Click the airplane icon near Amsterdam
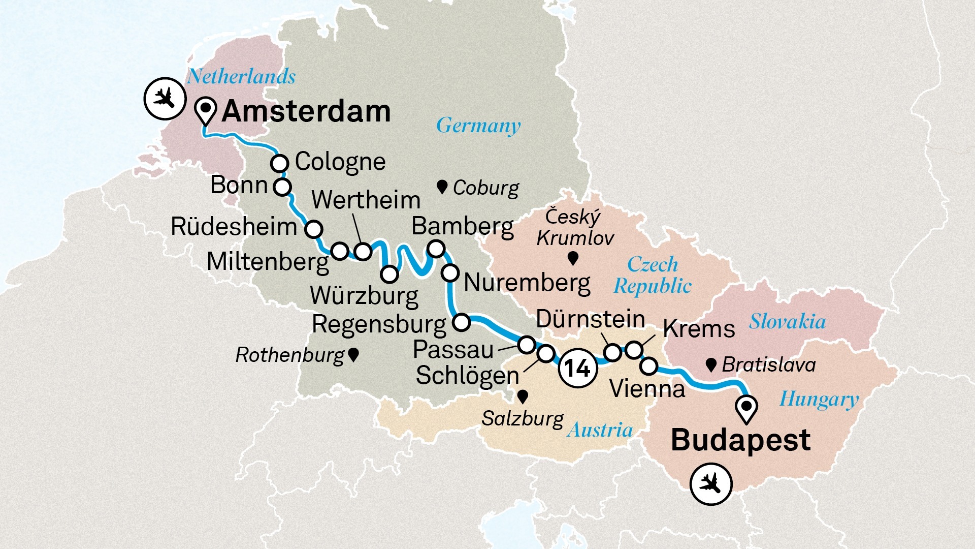point(165,98)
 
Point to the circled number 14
point(577,368)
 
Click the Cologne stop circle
point(280,164)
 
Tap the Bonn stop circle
point(282,187)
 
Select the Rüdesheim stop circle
point(314,229)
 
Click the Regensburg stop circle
point(461,322)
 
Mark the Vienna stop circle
point(649,365)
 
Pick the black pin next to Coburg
point(442,187)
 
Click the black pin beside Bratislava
point(711,364)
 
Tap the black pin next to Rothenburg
point(354,354)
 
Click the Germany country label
point(478,126)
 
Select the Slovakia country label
point(787,321)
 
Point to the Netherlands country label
point(241,76)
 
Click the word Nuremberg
point(527,283)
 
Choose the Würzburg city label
point(364,296)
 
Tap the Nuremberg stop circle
point(450,273)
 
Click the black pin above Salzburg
point(522,395)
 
